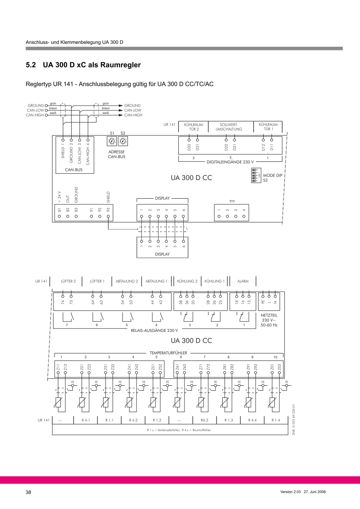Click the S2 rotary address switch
point(123,142)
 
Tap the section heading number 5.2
point(31,65)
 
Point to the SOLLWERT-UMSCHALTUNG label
point(228,126)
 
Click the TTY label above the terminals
point(232,202)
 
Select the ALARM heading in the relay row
point(243,281)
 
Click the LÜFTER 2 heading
point(68,281)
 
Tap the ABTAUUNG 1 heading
point(156,281)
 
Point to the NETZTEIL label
point(269,315)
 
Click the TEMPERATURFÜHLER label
point(168,353)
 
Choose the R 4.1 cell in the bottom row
point(86,420)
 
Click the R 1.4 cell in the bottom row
point(276,420)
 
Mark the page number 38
point(29,492)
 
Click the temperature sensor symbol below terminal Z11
point(60,402)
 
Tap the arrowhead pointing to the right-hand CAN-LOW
point(121,110)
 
